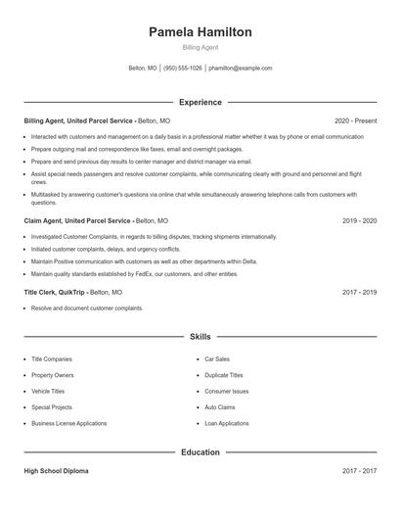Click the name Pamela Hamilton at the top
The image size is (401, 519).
click(200, 32)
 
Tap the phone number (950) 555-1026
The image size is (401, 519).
click(183, 69)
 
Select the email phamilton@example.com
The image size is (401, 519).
click(241, 69)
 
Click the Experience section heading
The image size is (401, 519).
click(200, 102)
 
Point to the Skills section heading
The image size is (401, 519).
click(200, 336)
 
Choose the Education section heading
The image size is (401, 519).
click(200, 452)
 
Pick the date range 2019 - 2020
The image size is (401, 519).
click(360, 221)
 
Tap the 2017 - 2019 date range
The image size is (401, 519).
click(360, 292)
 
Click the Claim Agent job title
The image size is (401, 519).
click(78, 221)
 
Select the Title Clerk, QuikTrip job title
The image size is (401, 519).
click(54, 292)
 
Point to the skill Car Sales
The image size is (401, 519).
click(217, 359)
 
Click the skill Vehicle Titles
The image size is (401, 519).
click(50, 391)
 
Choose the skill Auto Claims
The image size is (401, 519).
click(220, 406)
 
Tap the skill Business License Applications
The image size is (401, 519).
click(68, 423)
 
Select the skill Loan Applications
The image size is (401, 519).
click(227, 423)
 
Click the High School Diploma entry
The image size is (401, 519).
click(56, 471)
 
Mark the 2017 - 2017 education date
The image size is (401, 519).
click(360, 471)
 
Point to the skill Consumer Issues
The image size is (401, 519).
click(227, 391)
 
